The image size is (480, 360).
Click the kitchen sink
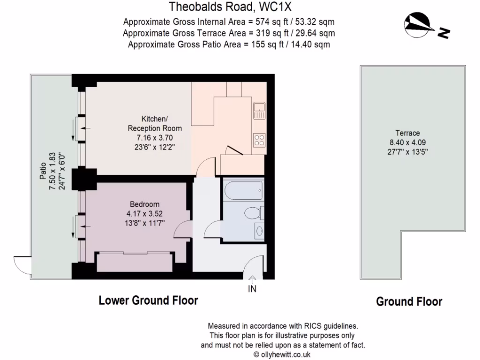coord(259,111)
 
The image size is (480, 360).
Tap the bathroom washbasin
coord(259,230)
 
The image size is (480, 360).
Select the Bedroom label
coord(144,204)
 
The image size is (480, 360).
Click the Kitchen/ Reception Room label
coord(155,124)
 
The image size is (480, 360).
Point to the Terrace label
coord(407,133)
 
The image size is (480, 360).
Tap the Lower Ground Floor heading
coord(148,300)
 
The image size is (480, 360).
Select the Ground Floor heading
coord(409,301)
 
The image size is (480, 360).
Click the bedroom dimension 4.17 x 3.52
coord(144,213)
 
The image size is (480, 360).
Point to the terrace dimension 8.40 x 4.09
coord(407,142)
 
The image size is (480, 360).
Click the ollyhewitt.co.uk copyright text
coord(282,354)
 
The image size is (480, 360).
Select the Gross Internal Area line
coord(229,22)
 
